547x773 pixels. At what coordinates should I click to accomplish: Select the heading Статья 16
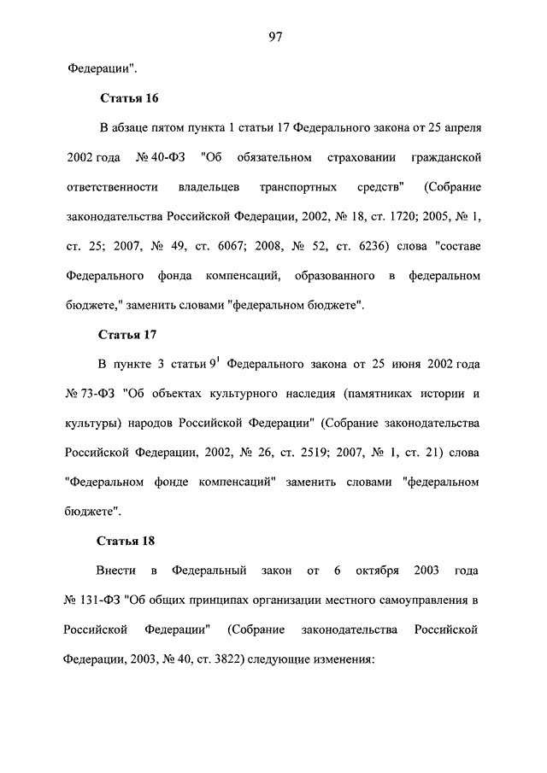pyautogui.click(x=128, y=99)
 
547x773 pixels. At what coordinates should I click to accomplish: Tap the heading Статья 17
pyautogui.click(x=128, y=332)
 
